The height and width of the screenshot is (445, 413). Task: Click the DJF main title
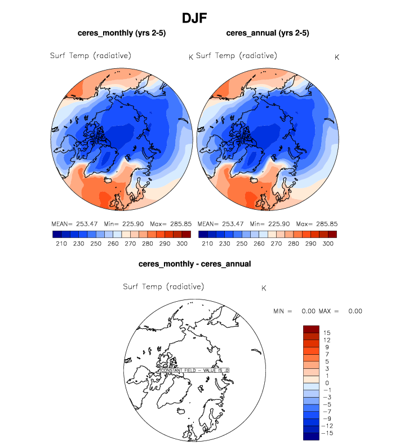(x=194, y=18)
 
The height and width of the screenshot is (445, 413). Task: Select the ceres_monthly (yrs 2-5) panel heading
(x=122, y=33)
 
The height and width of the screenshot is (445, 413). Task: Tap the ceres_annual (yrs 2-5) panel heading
(x=268, y=33)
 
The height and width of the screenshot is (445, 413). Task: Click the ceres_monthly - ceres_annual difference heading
(x=194, y=263)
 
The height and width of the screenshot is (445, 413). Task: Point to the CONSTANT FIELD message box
(x=195, y=370)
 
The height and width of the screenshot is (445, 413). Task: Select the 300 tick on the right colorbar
(x=327, y=244)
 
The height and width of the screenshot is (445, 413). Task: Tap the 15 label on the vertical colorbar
(x=327, y=333)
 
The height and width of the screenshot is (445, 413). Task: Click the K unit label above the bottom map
(x=264, y=289)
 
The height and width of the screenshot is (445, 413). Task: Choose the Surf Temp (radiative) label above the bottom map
(x=163, y=287)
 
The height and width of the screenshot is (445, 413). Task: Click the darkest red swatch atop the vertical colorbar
(x=311, y=329)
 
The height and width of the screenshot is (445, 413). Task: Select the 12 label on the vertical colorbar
(x=327, y=341)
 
